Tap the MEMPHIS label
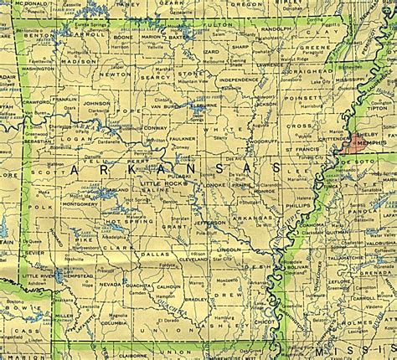tap(374, 143)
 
